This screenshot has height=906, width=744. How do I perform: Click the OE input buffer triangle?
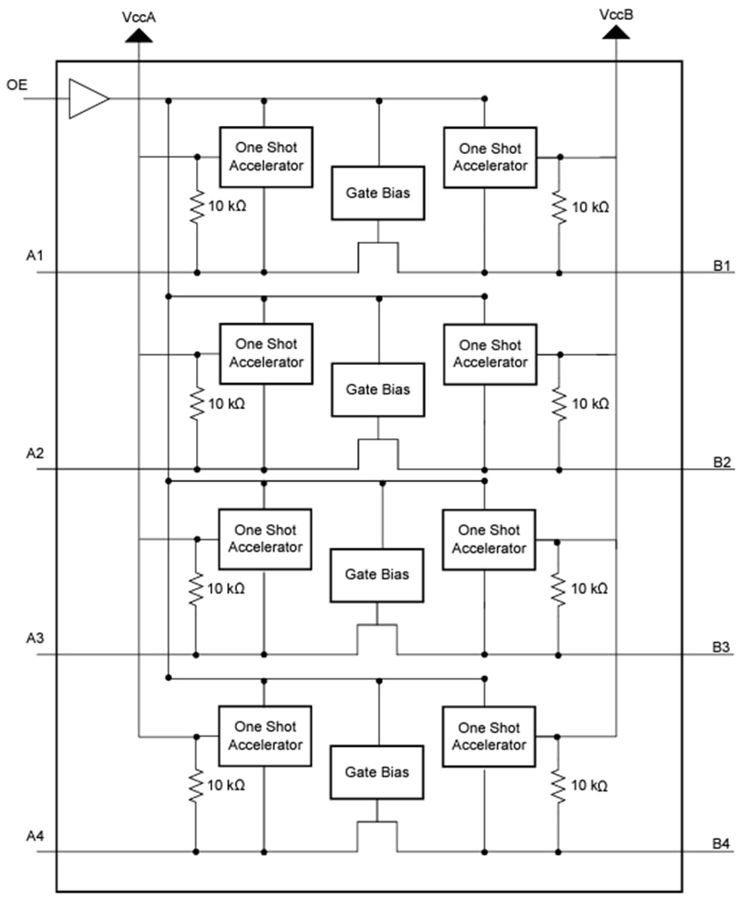[86, 99]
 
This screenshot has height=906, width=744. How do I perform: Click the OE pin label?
[16, 85]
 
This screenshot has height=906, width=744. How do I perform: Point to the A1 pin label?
[35, 258]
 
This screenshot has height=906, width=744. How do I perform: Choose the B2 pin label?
[722, 462]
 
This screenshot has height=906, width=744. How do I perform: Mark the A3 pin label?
[35, 638]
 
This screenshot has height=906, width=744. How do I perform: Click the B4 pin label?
[722, 844]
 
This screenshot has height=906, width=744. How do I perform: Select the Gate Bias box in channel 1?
[378, 194]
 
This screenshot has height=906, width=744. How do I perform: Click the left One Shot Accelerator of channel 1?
[266, 156]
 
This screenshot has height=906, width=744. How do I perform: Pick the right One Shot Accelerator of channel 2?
[490, 354]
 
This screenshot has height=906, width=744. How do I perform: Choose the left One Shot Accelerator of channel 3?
[265, 539]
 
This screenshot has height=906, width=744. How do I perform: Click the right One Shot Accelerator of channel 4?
[489, 736]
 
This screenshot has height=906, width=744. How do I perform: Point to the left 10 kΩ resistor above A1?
[197, 207]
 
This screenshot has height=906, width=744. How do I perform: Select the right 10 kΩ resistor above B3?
[559, 588]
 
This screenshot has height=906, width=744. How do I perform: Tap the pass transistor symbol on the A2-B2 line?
[378, 455]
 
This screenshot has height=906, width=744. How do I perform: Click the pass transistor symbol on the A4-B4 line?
[377, 836]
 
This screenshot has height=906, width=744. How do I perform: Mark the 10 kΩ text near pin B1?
[590, 208]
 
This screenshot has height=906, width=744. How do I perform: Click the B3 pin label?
[722, 647]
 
